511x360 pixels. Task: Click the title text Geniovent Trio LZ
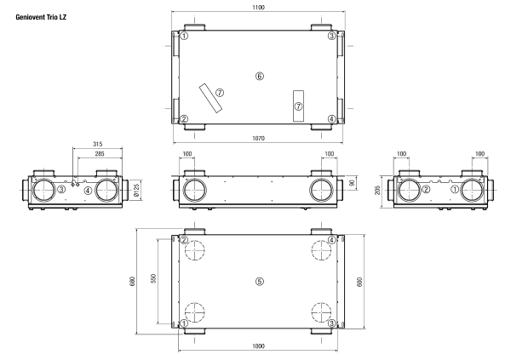coord(41,17)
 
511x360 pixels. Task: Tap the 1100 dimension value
coord(258,7)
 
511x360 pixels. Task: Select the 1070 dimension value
coord(258,138)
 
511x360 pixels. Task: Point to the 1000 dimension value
coord(258,346)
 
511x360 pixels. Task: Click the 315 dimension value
coord(97,144)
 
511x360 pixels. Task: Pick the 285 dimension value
coord(100,153)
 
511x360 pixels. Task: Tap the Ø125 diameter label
coord(136,190)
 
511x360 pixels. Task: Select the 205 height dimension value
coord(377,191)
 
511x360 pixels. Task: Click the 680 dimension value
coord(132,282)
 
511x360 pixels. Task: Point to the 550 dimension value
coord(153,278)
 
